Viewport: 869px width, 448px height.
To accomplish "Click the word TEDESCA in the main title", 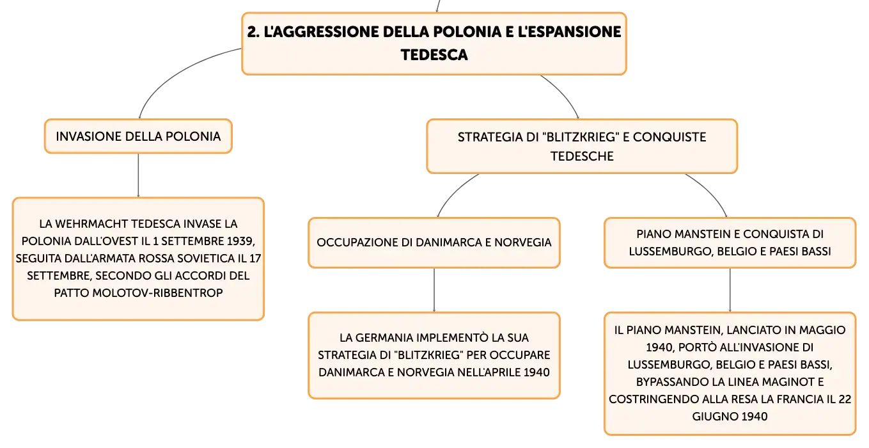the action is [x=434, y=55].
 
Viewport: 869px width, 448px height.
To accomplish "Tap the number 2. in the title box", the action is [x=253, y=32].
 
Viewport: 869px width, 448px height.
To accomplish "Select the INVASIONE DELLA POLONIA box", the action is [x=138, y=136].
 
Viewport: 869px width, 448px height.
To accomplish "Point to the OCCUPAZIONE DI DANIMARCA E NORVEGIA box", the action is [x=434, y=243].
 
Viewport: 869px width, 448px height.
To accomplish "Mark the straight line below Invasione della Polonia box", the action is [x=138, y=175].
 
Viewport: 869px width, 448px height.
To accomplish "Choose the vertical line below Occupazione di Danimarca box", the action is [x=434, y=290].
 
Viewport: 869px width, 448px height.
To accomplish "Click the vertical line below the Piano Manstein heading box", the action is [x=730, y=290].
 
